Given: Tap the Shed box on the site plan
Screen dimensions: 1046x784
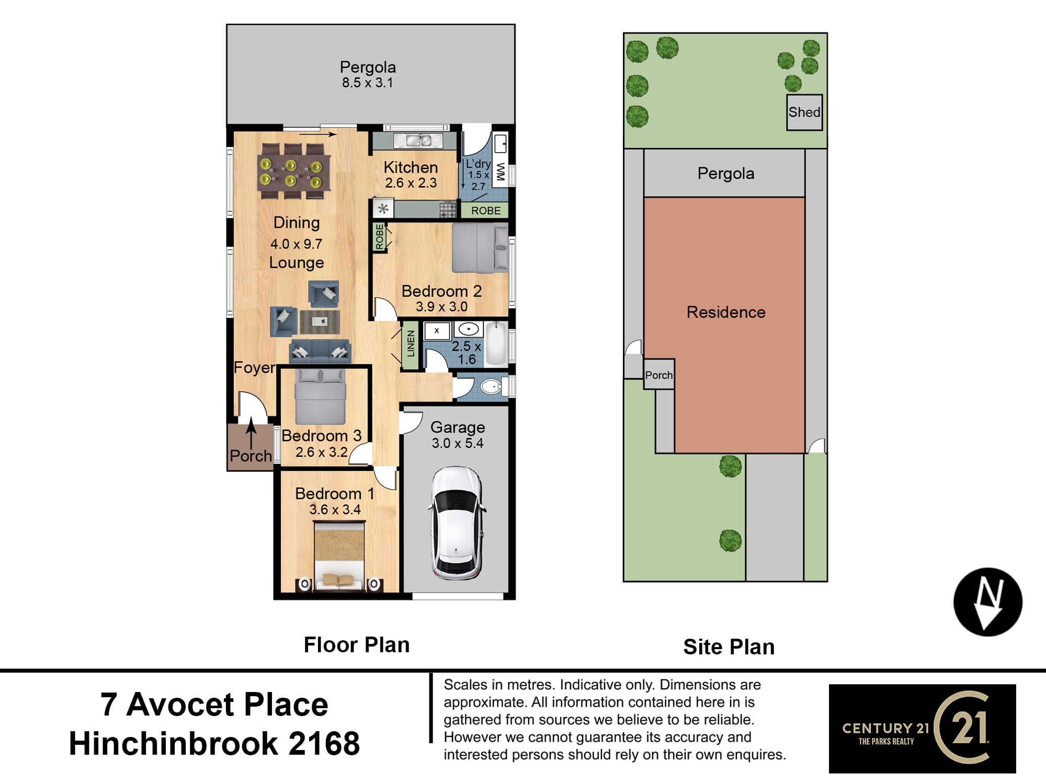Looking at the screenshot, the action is (x=804, y=112).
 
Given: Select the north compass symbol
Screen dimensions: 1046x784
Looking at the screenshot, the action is (x=988, y=602).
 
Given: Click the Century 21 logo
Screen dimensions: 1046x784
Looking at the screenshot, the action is (x=922, y=728).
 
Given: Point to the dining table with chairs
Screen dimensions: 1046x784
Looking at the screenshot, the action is (x=294, y=170).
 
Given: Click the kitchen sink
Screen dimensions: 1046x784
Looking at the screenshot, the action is (x=418, y=141).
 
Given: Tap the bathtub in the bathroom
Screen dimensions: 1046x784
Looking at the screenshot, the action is (x=496, y=343).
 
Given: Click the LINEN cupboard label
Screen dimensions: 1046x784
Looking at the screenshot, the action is (x=411, y=344).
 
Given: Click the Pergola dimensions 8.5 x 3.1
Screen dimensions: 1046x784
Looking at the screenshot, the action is (x=367, y=83).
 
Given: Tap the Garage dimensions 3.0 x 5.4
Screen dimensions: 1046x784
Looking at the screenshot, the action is (x=458, y=443).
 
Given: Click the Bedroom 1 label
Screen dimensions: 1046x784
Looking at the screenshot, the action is (x=335, y=493).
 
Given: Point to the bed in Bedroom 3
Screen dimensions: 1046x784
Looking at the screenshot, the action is (x=320, y=397).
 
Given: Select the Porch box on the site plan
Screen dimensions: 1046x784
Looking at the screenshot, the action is (x=659, y=374).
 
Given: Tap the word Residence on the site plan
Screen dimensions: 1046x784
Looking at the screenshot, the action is (x=726, y=312).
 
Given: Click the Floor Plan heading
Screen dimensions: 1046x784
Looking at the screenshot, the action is (x=357, y=645).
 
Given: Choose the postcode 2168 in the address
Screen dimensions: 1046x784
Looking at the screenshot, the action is (x=324, y=743).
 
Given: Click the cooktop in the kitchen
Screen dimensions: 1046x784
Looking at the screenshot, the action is (x=448, y=210).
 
